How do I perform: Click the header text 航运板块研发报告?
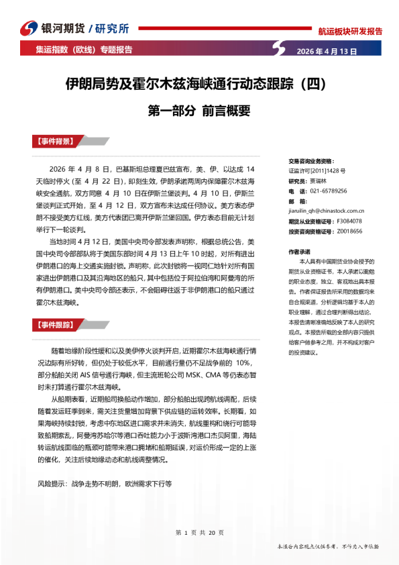pos(350,31)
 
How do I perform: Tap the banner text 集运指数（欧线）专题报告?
pos(84,50)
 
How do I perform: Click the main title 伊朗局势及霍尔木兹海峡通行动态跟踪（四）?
pos(195,85)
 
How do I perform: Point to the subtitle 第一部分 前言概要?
pos(198,110)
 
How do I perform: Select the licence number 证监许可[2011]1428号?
pos(317,171)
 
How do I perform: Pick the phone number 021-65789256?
pos(323,191)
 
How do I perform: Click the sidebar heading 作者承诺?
pos(299,251)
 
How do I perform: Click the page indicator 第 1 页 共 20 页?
pos(199,532)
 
